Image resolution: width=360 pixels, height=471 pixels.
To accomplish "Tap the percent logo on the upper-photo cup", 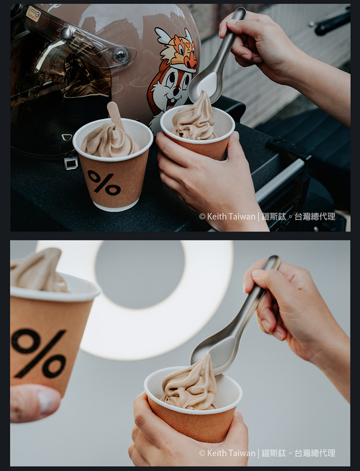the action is [104, 183].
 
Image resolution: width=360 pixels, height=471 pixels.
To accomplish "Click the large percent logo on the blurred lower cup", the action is [39, 353].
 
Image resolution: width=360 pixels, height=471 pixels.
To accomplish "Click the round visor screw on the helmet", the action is [120, 55].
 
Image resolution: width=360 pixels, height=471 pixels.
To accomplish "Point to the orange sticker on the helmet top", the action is [33, 13].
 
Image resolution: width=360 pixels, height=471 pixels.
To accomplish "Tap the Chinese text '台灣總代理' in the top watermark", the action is [315, 217].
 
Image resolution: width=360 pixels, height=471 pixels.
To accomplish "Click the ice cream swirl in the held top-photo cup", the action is [194, 118].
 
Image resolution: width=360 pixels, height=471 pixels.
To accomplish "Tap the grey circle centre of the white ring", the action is [139, 275].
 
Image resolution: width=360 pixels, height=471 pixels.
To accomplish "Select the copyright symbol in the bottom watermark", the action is [202, 453].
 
